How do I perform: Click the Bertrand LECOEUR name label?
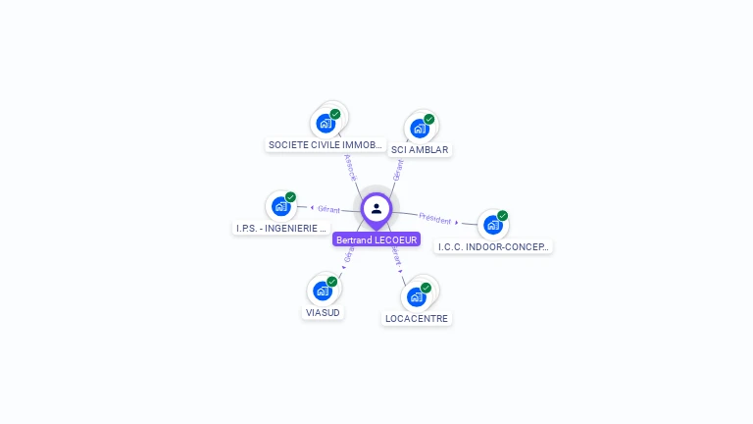(376, 239)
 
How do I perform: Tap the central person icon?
(376, 208)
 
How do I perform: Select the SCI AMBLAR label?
(419, 150)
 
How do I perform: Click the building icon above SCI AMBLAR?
(420, 129)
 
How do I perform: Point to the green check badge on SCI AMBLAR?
(428, 120)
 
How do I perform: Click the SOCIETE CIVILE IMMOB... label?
(325, 144)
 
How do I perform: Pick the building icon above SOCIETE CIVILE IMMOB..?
(325, 124)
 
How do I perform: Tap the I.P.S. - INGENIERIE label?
(280, 228)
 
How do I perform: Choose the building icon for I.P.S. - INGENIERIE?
(280, 206)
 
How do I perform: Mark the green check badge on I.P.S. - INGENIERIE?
(290, 197)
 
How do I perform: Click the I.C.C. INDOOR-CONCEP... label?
(494, 246)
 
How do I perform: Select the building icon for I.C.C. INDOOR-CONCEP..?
(492, 225)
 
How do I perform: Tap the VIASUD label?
(323, 312)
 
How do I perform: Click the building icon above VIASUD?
(322, 291)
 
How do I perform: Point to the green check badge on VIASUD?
(331, 282)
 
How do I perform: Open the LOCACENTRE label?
(417, 318)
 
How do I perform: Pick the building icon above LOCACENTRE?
(417, 296)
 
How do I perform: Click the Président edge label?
(434, 219)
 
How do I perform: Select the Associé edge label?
(350, 167)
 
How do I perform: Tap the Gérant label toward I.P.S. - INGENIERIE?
(328, 209)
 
